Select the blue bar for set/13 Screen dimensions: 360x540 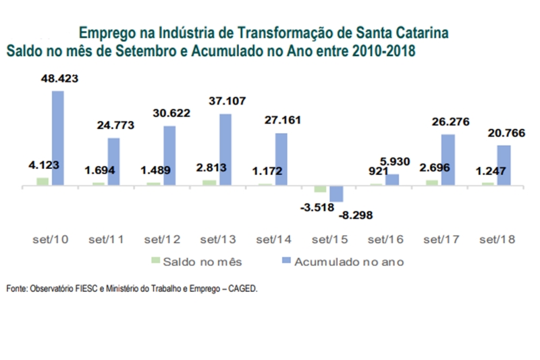coord(225,149)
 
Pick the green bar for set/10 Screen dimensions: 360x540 coord(43,181)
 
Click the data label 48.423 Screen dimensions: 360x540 coord(59,78)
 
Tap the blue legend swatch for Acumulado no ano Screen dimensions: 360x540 coord(286,260)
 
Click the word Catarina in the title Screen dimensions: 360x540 coord(421,32)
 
